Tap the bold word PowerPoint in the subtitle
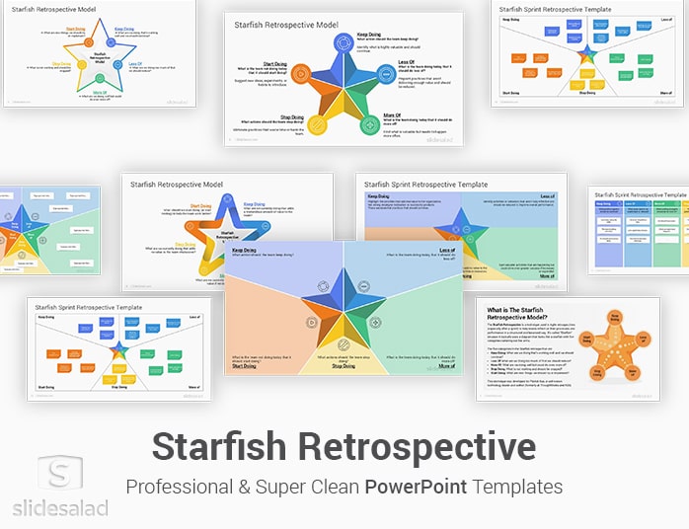415,488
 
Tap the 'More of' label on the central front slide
445,366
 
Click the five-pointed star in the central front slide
344,312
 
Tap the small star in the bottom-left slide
119,351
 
